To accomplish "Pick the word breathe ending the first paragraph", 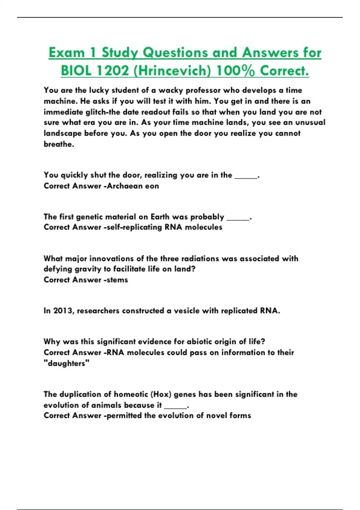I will tap(58, 144).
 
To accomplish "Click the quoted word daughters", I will tap(67, 363).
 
